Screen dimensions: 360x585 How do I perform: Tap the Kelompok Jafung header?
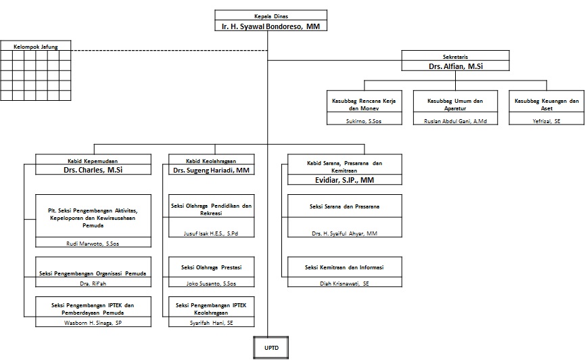coord(36,47)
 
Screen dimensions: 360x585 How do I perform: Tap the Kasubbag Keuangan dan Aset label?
coord(546,104)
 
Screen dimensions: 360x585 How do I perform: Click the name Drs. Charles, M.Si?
coord(94,171)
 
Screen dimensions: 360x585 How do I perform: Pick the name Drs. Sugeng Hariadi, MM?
coord(212,171)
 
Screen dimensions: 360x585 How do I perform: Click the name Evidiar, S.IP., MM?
coord(344,180)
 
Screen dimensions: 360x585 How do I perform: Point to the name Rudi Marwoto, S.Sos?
coord(94,242)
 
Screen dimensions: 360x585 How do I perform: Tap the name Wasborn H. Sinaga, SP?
coord(94,323)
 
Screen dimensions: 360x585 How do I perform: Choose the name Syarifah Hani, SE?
coord(212,323)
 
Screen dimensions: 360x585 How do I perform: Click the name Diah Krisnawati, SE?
coord(344,283)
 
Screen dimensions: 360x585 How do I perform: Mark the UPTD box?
coord(266,348)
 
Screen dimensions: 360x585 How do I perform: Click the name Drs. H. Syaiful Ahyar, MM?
coord(344,233)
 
